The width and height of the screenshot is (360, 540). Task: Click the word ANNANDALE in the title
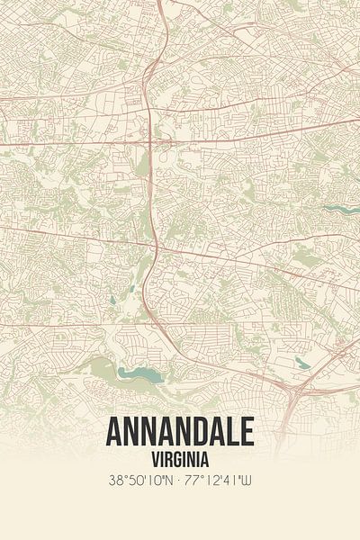point(180,433)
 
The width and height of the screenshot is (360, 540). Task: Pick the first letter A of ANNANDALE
point(114,433)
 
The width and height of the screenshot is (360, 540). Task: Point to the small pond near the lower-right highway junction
point(301,364)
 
